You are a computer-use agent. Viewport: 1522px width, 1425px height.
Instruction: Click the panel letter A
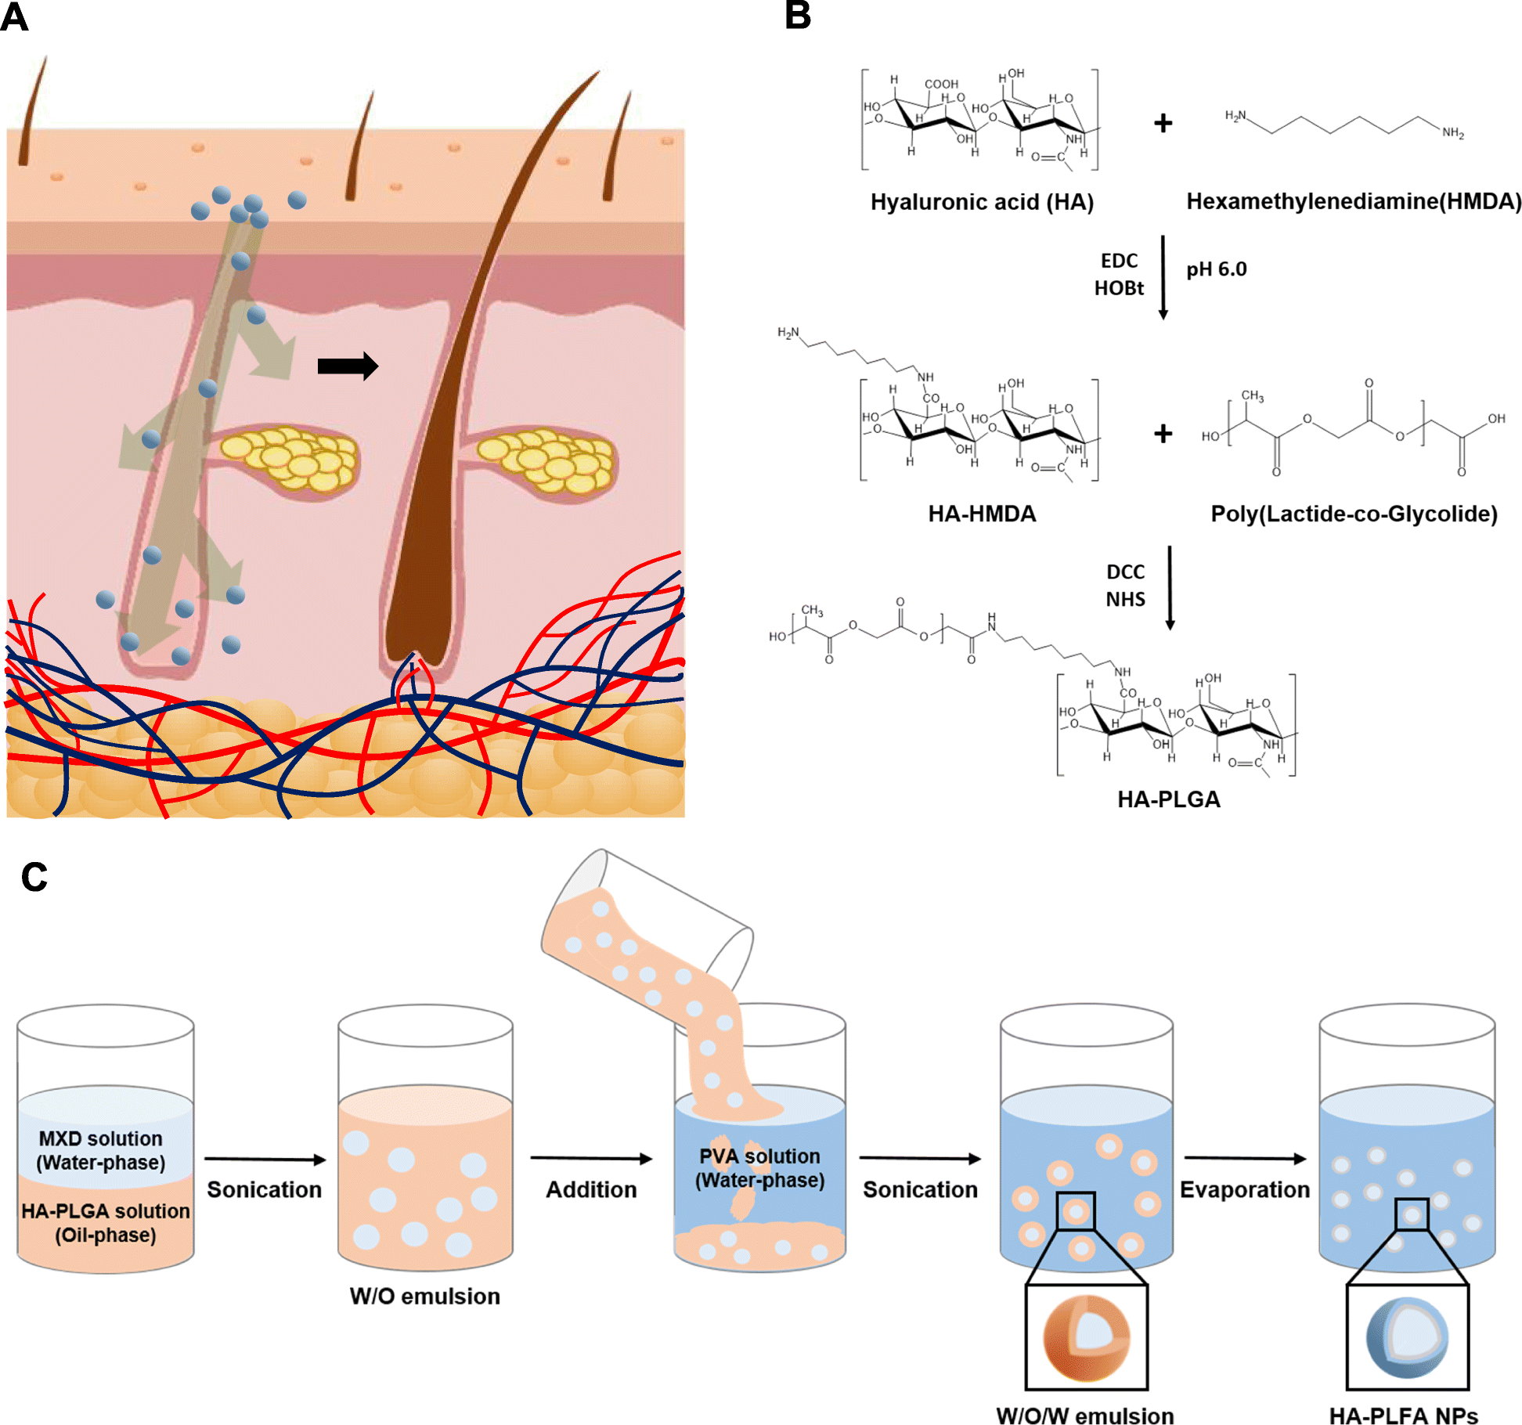(x=14, y=17)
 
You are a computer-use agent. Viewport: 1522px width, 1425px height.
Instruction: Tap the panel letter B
(x=798, y=16)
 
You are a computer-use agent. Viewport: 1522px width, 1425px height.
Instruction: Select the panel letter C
(x=34, y=877)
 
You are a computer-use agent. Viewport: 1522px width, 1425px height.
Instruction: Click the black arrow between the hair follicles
(x=348, y=366)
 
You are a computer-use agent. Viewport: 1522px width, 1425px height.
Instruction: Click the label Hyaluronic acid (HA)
(x=982, y=202)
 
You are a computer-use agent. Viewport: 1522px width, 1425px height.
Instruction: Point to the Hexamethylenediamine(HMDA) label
(x=1354, y=201)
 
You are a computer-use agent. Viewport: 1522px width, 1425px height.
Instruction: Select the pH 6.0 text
(x=1216, y=269)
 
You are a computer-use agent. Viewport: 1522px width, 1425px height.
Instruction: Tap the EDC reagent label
(x=1119, y=261)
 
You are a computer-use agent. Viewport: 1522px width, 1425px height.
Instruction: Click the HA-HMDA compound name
(x=982, y=514)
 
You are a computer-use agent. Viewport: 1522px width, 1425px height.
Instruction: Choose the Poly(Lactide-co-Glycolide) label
(x=1354, y=514)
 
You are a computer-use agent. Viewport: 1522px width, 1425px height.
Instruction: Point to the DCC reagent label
(x=1125, y=572)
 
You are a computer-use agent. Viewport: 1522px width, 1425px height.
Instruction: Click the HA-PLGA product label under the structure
(x=1168, y=799)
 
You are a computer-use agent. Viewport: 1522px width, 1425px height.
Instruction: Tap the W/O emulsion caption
(x=424, y=1297)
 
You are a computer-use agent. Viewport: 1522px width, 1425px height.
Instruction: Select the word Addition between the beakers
(x=591, y=1189)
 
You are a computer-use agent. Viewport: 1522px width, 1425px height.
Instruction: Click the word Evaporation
(x=1245, y=1189)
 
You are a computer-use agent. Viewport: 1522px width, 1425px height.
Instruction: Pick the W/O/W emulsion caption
(x=1085, y=1415)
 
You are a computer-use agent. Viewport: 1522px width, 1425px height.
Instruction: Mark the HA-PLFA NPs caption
(x=1404, y=1415)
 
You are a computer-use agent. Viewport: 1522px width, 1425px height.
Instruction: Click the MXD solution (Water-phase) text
(x=101, y=1150)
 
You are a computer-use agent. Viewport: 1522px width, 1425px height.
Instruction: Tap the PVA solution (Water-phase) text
(x=759, y=1168)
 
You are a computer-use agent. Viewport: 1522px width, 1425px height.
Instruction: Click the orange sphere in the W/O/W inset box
(x=1086, y=1338)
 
